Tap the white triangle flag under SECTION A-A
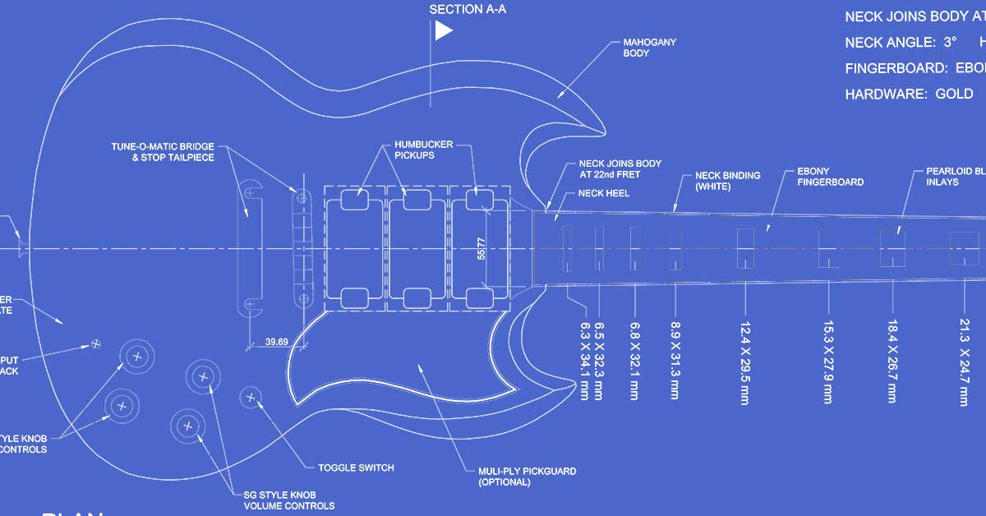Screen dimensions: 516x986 point(443,31)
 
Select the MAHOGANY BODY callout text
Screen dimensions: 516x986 point(649,48)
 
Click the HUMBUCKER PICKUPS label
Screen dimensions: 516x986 point(423,150)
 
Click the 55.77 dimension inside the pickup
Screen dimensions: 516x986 point(481,249)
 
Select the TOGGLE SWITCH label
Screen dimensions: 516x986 point(356,468)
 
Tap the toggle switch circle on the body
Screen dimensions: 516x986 point(251,398)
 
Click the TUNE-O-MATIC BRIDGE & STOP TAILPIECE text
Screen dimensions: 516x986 point(163,152)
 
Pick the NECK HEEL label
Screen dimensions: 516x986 point(604,193)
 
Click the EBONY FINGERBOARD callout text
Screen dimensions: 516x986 point(830,177)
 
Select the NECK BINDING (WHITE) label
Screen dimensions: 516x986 point(727,181)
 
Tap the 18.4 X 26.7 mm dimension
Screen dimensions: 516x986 point(892,361)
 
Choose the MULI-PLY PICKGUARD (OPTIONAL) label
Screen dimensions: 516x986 point(527,477)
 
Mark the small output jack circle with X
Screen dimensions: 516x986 point(96,342)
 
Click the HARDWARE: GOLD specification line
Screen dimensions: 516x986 point(909,94)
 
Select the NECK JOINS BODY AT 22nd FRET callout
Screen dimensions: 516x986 point(620,168)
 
